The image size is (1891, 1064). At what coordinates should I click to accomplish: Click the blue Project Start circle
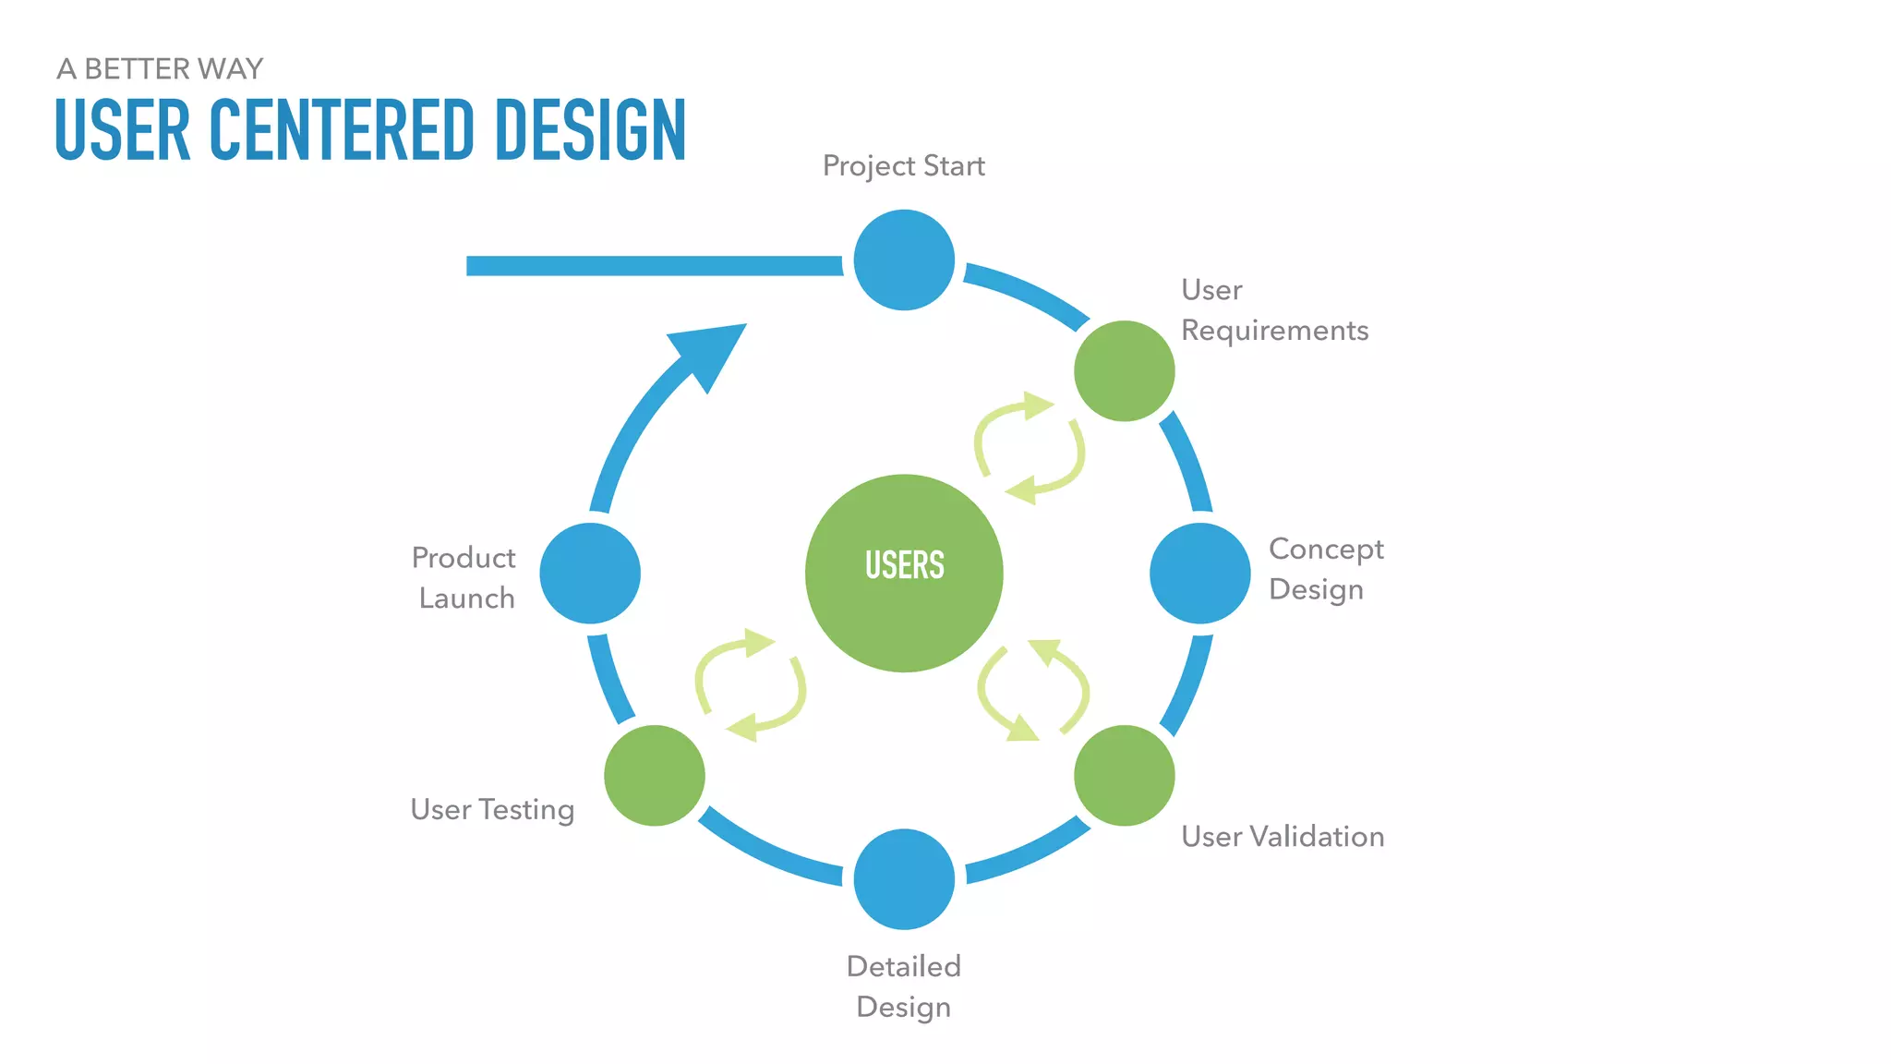(x=904, y=260)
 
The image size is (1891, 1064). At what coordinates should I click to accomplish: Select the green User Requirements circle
(x=1124, y=370)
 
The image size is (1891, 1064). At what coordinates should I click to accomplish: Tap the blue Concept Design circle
(x=1199, y=573)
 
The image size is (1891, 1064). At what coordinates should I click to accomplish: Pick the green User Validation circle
(x=1124, y=775)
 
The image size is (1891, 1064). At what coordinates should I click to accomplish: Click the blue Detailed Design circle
(x=904, y=878)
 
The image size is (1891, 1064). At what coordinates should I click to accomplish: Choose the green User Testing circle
(x=655, y=775)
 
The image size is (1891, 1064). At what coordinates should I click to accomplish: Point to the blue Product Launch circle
(x=590, y=573)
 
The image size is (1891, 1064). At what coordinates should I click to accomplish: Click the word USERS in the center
(x=904, y=565)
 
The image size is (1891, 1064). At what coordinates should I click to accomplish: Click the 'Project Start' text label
(x=903, y=166)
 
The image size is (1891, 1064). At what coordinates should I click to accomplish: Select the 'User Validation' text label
(x=1283, y=837)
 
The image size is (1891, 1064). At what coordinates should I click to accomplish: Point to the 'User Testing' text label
(x=492, y=810)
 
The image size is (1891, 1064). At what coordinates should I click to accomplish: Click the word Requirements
(x=1274, y=331)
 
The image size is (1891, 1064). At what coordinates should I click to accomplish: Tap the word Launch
(x=466, y=598)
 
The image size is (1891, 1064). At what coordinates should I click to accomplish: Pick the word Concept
(x=1326, y=549)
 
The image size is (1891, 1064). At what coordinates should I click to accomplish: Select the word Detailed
(x=904, y=966)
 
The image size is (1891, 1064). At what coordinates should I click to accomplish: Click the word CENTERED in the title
(x=343, y=130)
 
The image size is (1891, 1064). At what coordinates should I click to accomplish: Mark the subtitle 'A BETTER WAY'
(x=160, y=69)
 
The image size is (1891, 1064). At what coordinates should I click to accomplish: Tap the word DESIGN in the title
(x=590, y=130)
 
